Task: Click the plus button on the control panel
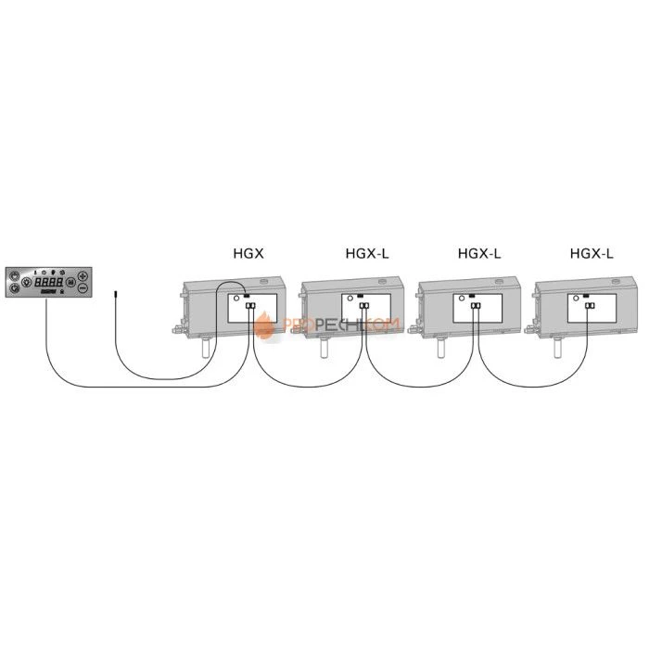click(x=82, y=276)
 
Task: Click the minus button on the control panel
click(x=82, y=289)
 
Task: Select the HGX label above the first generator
click(x=246, y=252)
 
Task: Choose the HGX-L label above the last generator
click(x=591, y=252)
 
